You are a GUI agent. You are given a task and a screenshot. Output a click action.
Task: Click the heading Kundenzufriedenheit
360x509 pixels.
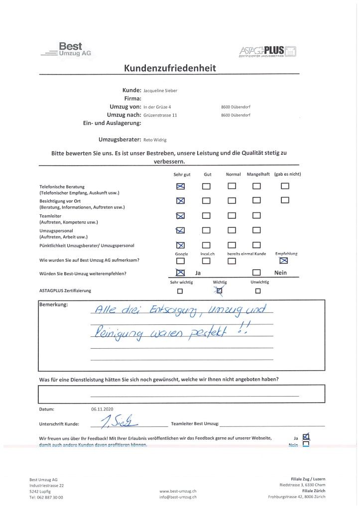click(170, 68)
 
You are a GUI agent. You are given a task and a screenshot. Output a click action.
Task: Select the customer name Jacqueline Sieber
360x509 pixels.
click(160, 90)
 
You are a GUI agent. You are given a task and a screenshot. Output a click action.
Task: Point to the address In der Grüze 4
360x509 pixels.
click(157, 107)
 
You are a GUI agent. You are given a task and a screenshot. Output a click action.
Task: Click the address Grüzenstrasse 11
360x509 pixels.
click(160, 115)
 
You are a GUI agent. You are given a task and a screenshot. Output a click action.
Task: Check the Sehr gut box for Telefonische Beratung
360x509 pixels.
click(181, 187)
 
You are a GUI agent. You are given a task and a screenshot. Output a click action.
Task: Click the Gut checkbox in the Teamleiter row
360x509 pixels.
click(207, 215)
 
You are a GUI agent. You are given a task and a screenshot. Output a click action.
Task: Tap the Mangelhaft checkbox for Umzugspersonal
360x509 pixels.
click(256, 230)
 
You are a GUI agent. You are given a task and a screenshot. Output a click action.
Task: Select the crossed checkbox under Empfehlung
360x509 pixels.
click(283, 260)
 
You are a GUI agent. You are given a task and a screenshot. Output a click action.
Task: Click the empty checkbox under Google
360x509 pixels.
click(181, 261)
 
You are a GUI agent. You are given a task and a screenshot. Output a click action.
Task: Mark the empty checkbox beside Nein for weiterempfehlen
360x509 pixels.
click(256, 273)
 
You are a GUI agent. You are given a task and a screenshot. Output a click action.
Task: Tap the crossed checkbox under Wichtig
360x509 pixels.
click(220, 292)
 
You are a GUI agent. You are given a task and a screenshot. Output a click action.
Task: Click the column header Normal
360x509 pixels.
click(233, 174)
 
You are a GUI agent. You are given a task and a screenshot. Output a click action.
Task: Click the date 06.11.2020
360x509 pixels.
click(101, 409)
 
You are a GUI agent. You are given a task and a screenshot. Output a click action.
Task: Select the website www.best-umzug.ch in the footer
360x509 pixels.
click(178, 491)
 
